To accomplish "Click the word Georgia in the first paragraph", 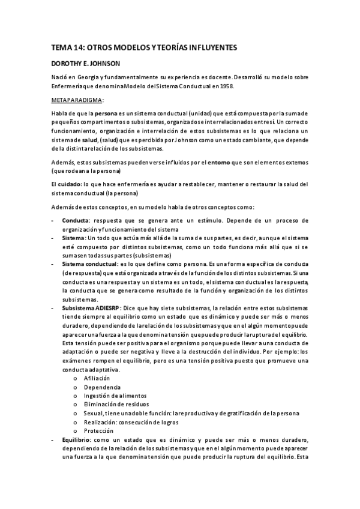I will coord(87,76).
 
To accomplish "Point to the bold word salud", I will coord(100,139).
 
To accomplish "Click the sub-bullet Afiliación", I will coord(97,379).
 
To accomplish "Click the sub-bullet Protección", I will coord(98,431).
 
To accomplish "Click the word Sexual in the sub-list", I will coord(94,414).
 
